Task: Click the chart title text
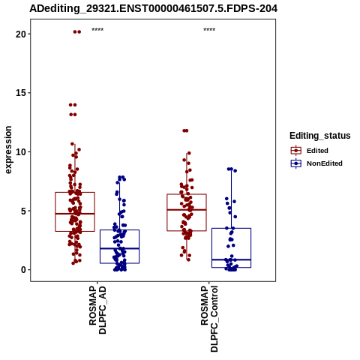coord(153,9)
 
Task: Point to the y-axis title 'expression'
coord(8,150)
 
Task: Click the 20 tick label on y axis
coord(21,34)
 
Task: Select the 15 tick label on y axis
coord(21,93)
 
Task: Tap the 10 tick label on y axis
coord(21,152)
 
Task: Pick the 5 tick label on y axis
coord(24,211)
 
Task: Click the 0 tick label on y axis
coord(24,270)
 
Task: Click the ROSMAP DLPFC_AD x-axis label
coord(97,310)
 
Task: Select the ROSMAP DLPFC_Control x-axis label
coord(209,319)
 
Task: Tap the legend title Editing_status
coord(320,136)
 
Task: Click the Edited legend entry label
coord(317,151)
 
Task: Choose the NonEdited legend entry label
coord(325,163)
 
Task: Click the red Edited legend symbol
coord(296,151)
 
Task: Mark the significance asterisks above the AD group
coord(97,30)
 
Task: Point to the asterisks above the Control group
coord(209,30)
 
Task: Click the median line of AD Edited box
coord(75,214)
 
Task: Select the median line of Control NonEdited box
coord(231,259)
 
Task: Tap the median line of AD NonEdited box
coord(119,248)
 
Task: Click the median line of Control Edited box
coord(187,210)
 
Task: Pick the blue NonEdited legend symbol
coord(296,163)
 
